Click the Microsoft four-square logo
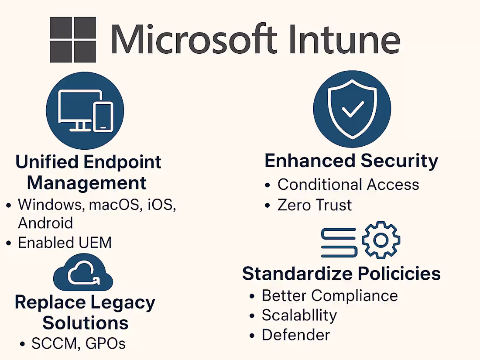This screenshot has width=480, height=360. (73, 40)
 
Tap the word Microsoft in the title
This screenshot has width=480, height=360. (194, 39)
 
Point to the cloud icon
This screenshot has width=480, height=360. (83, 273)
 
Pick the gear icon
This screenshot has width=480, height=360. (381, 240)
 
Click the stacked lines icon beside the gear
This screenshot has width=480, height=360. (339, 242)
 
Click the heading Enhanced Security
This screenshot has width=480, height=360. (351, 161)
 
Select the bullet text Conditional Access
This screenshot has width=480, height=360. (348, 185)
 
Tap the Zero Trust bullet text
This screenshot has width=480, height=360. (315, 205)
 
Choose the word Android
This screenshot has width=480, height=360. (45, 223)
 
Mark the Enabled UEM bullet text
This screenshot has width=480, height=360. (65, 243)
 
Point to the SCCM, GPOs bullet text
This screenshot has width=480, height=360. (79, 343)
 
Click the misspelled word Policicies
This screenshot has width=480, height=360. (399, 274)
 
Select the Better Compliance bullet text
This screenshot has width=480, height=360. (329, 295)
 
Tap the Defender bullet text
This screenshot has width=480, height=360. (295, 335)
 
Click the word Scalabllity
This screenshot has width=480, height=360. (299, 315)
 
